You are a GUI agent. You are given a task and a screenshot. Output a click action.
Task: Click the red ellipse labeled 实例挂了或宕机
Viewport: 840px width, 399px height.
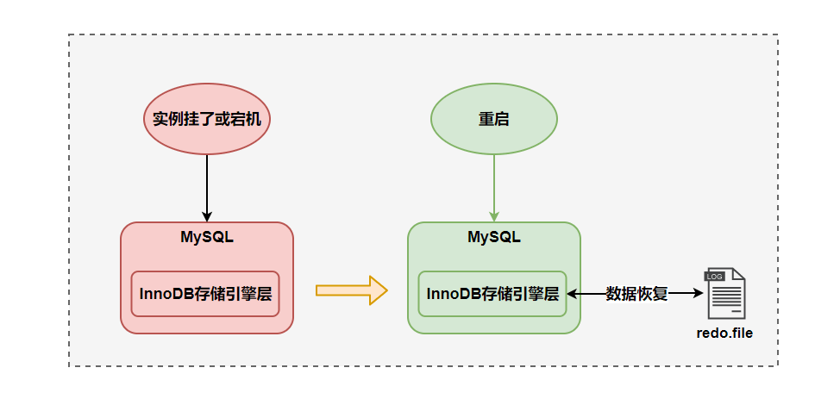pos(207,120)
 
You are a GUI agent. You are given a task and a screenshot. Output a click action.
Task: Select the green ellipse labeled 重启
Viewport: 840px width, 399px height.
pos(493,120)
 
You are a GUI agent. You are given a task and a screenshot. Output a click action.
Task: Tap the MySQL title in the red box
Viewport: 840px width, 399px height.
pos(207,237)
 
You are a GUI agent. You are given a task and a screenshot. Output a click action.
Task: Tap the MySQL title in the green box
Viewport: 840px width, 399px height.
pos(493,237)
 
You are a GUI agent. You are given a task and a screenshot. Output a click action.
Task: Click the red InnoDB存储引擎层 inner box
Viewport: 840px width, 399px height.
pos(205,293)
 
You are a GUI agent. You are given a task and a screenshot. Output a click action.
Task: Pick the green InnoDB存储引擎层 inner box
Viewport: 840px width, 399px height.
pos(492,293)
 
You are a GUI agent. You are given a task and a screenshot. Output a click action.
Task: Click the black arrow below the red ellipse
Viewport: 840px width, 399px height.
pos(207,185)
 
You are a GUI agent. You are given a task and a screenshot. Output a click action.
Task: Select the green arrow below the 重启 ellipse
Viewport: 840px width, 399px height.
pos(493,185)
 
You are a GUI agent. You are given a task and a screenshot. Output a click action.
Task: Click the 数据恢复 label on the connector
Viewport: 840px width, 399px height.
pos(637,294)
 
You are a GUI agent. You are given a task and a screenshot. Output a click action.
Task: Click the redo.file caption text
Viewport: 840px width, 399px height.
pos(724,332)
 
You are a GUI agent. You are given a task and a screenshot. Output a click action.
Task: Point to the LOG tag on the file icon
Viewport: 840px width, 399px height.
pos(715,277)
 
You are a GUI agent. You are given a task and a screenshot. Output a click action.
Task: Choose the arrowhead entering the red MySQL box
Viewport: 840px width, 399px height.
pos(207,216)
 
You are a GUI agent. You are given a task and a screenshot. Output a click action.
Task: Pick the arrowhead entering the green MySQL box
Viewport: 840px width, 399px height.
pos(493,216)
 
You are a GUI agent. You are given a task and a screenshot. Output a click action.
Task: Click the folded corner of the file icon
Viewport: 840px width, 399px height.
pos(739,275)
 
